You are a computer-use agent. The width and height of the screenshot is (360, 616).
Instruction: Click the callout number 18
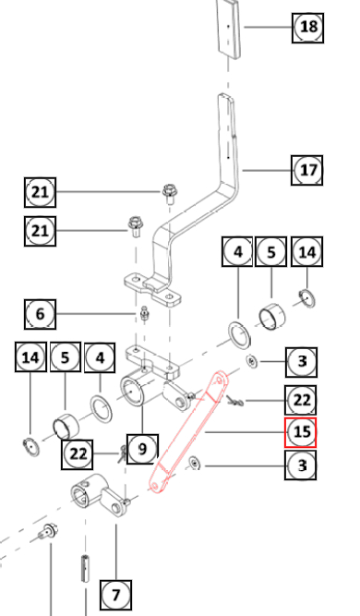pyautogui.click(x=307, y=28)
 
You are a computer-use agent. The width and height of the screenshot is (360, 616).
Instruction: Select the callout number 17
pyautogui.click(x=307, y=170)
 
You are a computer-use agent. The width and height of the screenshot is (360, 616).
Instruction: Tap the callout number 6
pyautogui.click(x=40, y=314)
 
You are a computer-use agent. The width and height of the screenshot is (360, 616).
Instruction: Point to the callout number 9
pyautogui.click(x=142, y=449)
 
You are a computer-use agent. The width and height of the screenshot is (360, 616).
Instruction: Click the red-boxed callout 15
pyautogui.click(x=300, y=432)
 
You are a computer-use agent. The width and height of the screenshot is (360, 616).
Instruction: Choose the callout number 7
pyautogui.click(x=115, y=595)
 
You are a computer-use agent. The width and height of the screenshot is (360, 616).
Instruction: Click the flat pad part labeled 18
pyautogui.click(x=229, y=29)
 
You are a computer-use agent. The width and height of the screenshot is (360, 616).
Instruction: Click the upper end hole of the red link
pyautogui.click(x=219, y=380)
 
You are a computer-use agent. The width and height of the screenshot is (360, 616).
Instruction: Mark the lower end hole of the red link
pyautogui.click(x=155, y=487)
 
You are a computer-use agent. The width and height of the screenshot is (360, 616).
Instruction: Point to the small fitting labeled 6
pyautogui.click(x=145, y=313)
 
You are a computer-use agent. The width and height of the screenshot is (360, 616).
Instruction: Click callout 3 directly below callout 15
pyautogui.click(x=300, y=465)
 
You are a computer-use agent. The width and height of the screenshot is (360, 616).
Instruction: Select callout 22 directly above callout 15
pyautogui.click(x=300, y=400)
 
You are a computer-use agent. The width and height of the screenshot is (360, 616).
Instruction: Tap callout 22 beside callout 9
pyautogui.click(x=78, y=454)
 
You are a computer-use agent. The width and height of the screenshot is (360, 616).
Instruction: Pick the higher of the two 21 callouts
pyautogui.click(x=40, y=192)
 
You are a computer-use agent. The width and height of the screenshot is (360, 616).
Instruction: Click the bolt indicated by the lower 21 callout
pyautogui.click(x=135, y=226)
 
